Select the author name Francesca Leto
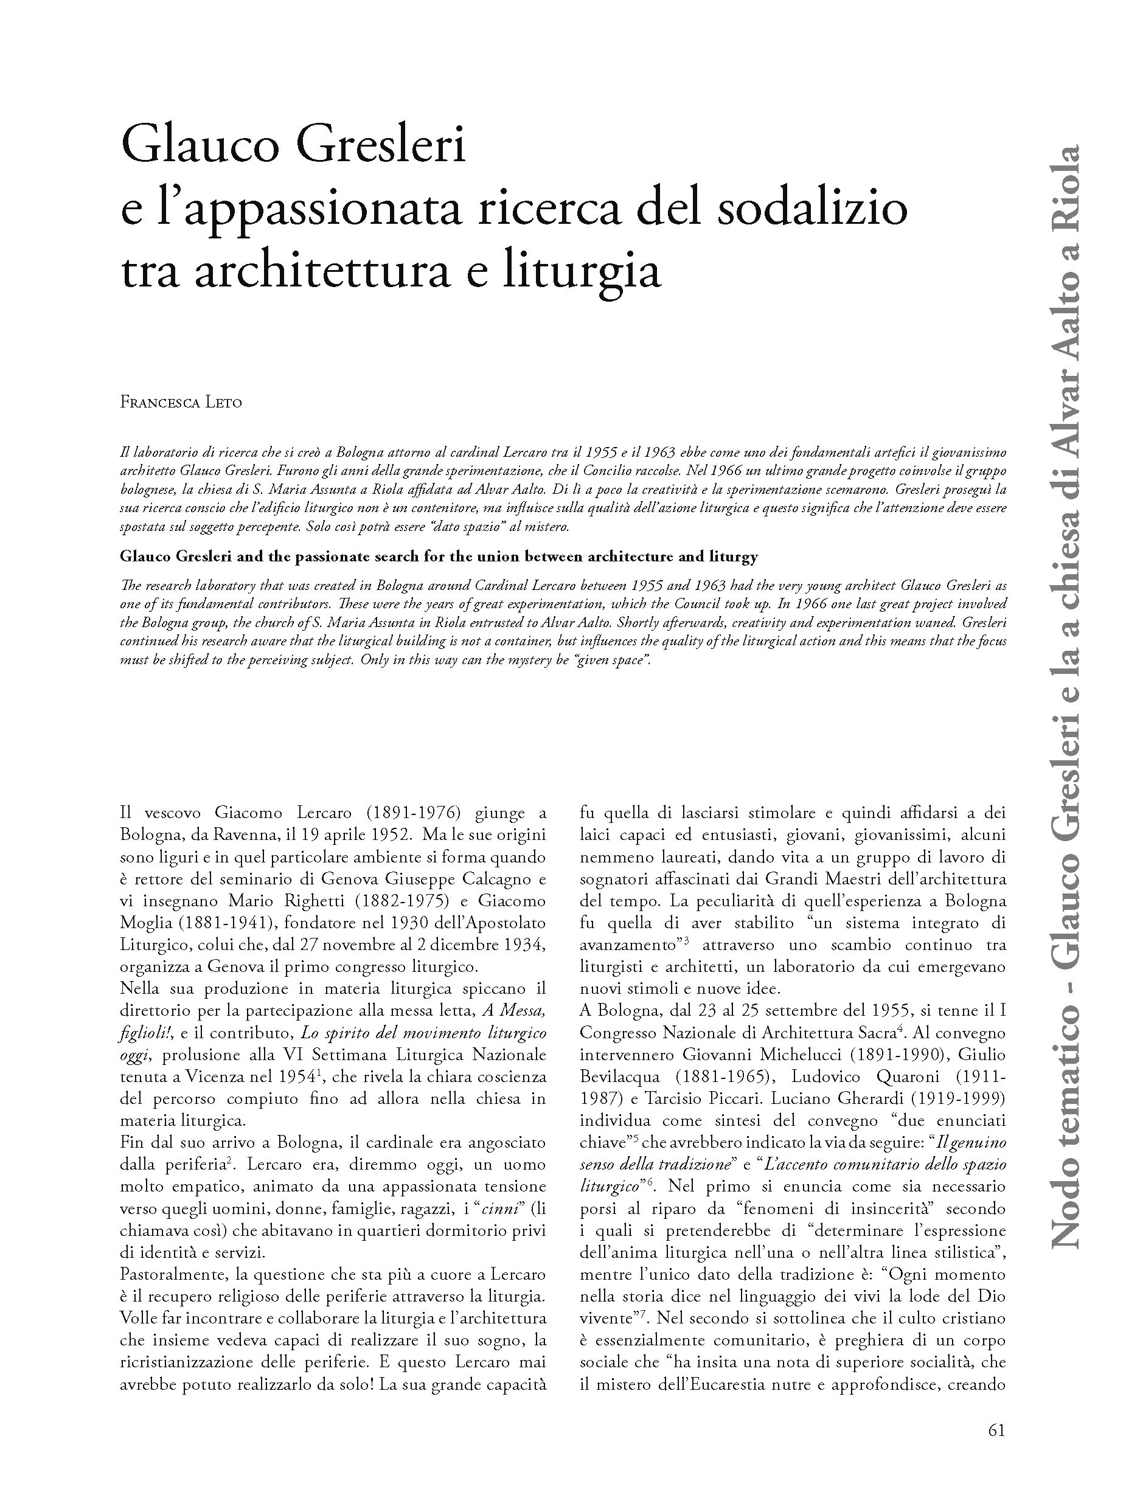(181, 402)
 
